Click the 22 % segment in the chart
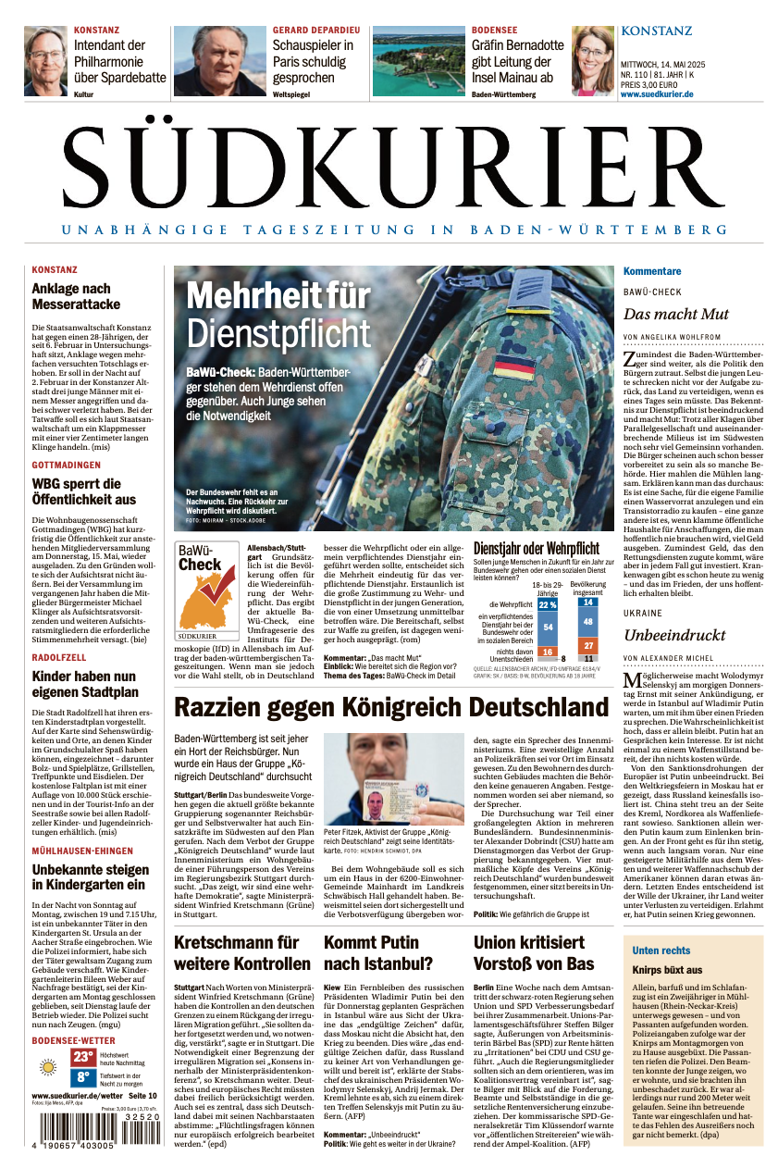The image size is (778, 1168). coord(548,604)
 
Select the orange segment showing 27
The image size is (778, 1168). coord(588,645)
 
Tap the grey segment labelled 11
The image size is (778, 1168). coord(588,658)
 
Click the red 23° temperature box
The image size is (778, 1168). coord(83,1057)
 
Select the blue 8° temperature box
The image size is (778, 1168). coord(83,1077)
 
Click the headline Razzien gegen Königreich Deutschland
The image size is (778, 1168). coord(391,708)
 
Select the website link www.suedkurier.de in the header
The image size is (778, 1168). coord(657,94)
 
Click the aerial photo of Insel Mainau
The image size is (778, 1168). coord(418,61)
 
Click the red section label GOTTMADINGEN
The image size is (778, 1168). coord(67,465)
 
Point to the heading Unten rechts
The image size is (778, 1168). coord(661,951)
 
